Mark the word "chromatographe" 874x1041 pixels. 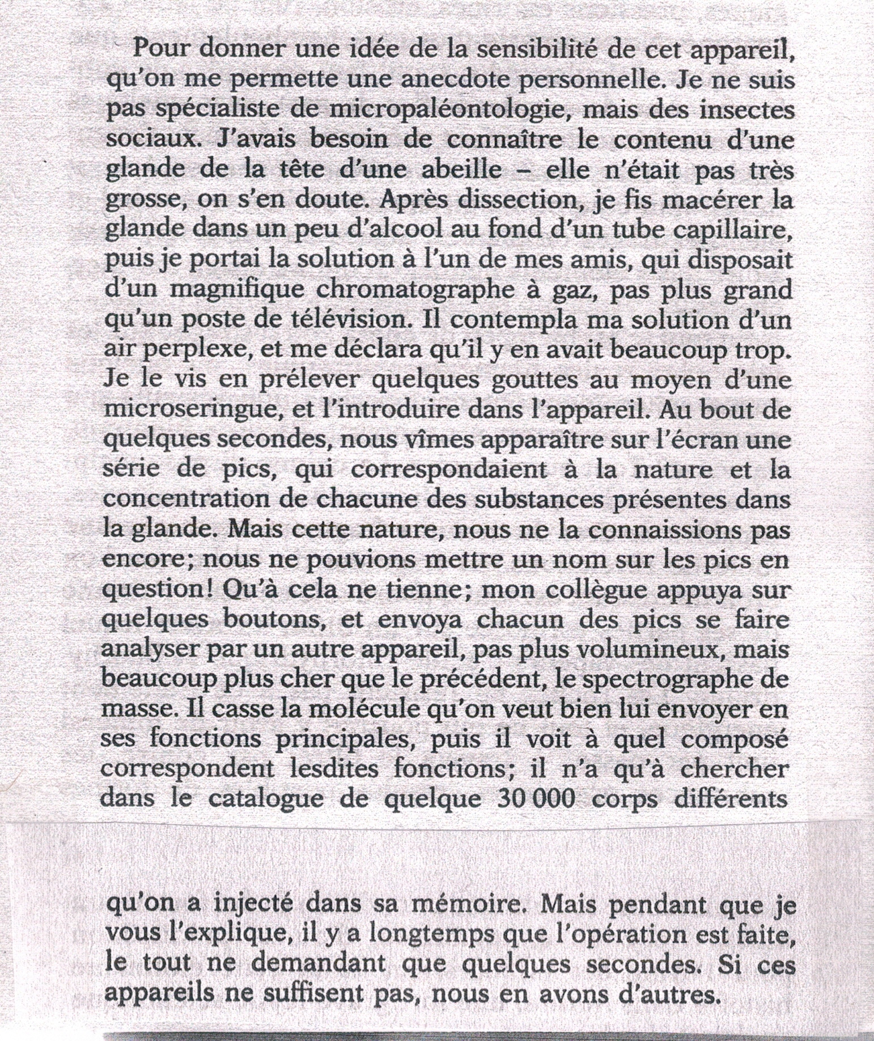pyautogui.click(x=426, y=291)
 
